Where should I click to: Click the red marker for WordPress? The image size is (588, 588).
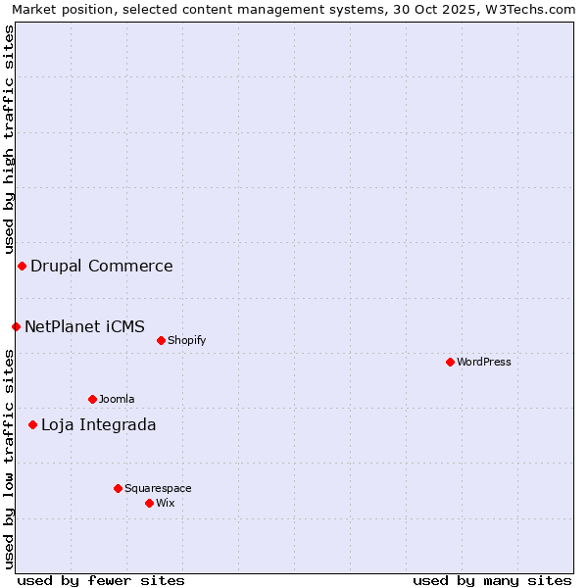click(x=450, y=362)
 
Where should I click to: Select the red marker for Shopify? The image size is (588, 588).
click(x=161, y=340)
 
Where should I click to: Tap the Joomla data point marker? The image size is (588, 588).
click(x=92, y=399)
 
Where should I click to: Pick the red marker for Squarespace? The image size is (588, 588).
click(x=118, y=488)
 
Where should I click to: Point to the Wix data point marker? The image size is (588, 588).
click(x=149, y=503)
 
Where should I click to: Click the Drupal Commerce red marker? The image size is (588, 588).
click(x=22, y=266)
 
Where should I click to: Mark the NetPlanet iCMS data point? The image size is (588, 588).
click(x=16, y=326)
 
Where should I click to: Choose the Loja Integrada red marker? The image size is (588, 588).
click(x=32, y=424)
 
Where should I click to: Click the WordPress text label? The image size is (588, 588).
click(x=484, y=362)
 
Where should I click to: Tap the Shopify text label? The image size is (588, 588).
click(x=186, y=340)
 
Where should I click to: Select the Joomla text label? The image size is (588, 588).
click(x=117, y=399)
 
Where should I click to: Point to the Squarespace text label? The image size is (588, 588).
click(x=158, y=488)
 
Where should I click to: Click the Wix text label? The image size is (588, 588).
click(x=166, y=503)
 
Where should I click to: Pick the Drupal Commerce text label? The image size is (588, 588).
click(x=102, y=266)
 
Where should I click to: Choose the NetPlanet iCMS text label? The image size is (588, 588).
click(x=85, y=326)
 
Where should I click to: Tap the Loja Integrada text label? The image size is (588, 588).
click(x=98, y=424)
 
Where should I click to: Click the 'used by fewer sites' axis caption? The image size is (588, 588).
click(x=101, y=580)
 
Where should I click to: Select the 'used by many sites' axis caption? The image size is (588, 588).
click(x=492, y=580)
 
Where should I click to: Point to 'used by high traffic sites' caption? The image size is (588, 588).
click(x=9, y=138)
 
